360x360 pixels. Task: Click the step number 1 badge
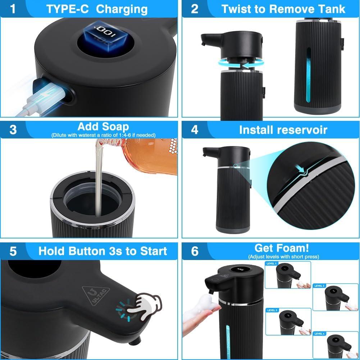pos(13,9)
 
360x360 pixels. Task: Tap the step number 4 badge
pos(195,129)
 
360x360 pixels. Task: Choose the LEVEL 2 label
pos(320,286)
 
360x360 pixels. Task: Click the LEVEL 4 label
pos(320,334)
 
